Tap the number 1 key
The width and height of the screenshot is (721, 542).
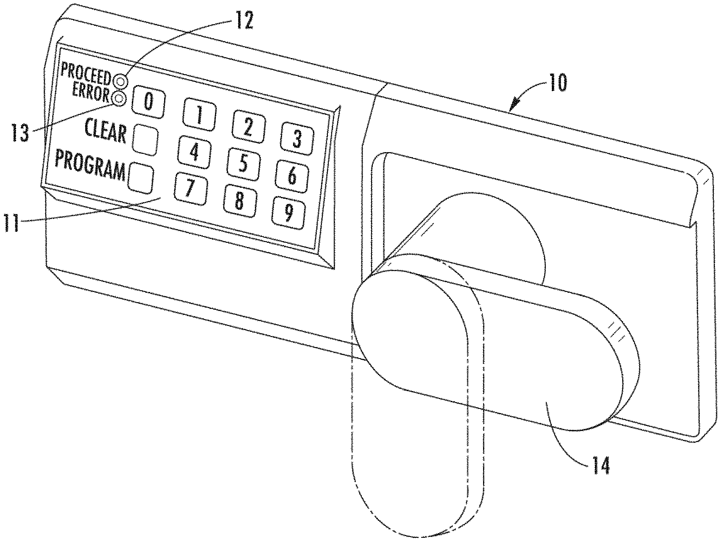pos(199,114)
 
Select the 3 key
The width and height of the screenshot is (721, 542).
pos(297,138)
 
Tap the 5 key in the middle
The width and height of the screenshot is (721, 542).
pos(243,164)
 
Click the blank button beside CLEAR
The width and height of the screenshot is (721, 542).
pos(145,139)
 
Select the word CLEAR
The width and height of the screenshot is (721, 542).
pos(106,130)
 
